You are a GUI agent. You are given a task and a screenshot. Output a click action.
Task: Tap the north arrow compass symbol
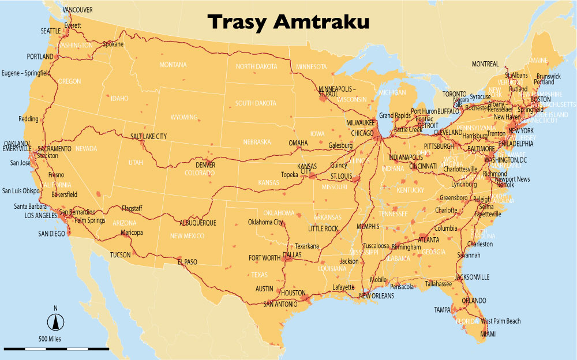(x=56, y=321)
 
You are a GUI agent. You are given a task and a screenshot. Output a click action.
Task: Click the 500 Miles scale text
(x=51, y=339)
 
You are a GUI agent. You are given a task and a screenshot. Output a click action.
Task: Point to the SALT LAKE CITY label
(x=148, y=136)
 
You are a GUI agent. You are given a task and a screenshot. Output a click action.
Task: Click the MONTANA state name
(x=173, y=65)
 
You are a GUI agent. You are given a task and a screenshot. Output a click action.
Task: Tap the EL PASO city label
(x=188, y=262)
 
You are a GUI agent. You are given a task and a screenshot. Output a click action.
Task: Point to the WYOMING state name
(x=184, y=117)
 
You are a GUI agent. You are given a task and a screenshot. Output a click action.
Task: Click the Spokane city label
(x=114, y=44)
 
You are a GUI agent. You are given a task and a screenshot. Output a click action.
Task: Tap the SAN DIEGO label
(x=52, y=234)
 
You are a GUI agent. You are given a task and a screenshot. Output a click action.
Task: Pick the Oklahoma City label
(x=265, y=222)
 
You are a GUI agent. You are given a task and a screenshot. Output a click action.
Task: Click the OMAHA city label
(x=298, y=143)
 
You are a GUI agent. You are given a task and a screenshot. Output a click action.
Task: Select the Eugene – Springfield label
(x=26, y=73)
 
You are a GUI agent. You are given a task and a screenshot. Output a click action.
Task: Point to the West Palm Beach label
(x=501, y=321)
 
